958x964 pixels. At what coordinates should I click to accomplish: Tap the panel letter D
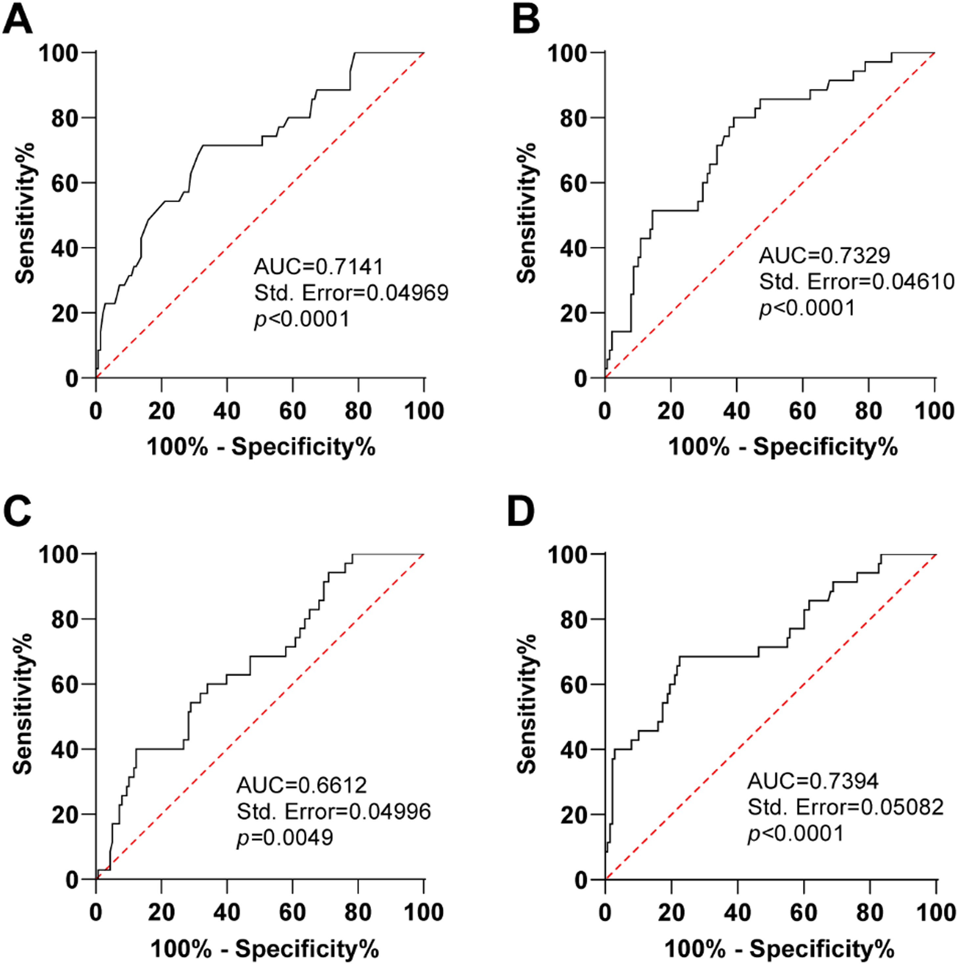coord(521,512)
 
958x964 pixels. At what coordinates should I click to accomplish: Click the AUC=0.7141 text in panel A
coord(319,267)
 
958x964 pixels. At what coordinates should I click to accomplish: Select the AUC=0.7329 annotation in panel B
coord(824,255)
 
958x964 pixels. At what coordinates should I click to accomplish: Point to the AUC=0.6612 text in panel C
coord(301,785)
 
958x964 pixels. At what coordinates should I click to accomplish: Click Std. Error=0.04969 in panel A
coord(351,293)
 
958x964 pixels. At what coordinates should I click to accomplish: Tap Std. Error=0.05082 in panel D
coord(845,807)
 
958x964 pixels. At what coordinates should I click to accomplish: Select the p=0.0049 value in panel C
coord(284,837)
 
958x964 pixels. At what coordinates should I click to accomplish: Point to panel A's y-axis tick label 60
coord(65,183)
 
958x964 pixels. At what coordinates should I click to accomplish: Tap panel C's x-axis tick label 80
coord(358,912)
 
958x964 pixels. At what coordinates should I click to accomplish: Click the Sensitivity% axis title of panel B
coord(527,213)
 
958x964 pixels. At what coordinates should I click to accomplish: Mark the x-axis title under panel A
coord(260,447)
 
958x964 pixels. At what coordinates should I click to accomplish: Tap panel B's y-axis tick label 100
coord(568,53)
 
